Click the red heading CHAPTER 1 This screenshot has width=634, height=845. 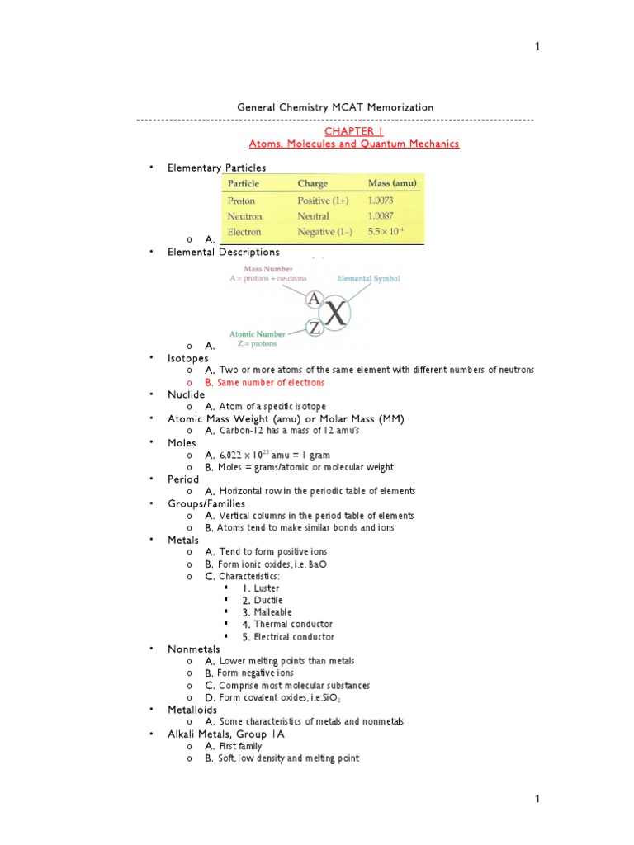pyautogui.click(x=353, y=131)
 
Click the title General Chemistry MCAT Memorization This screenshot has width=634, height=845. pyautogui.click(x=335, y=107)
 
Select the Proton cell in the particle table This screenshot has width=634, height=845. pyautogui.click(x=241, y=201)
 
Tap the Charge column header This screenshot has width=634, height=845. pyautogui.click(x=312, y=183)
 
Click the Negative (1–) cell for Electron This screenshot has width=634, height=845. pyautogui.click(x=324, y=232)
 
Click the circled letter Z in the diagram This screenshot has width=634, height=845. pyautogui.click(x=315, y=328)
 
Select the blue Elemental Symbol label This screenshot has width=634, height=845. pyautogui.click(x=371, y=279)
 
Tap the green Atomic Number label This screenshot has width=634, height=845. pyautogui.click(x=259, y=334)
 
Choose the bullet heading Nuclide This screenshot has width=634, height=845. pyautogui.click(x=186, y=394)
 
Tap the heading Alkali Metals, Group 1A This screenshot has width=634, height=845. pyautogui.click(x=225, y=734)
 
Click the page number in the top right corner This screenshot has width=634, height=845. pyautogui.click(x=537, y=47)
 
